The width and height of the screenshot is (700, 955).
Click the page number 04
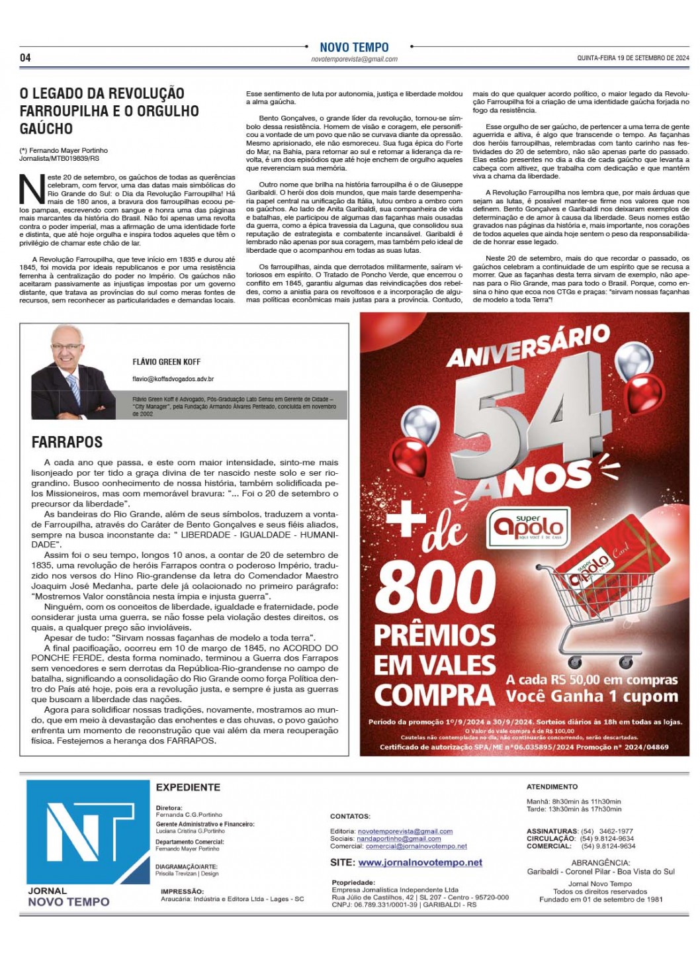click(25, 58)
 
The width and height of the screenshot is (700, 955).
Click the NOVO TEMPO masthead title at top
click(354, 47)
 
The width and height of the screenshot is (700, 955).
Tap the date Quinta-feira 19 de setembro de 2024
click(633, 58)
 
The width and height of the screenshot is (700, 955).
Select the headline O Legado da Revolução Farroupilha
click(109, 111)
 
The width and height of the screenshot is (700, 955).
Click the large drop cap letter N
click(32, 189)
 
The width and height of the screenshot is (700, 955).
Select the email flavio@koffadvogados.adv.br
click(173, 379)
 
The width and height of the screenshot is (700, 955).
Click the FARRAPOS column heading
click(67, 442)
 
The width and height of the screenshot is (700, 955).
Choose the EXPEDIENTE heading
click(188, 788)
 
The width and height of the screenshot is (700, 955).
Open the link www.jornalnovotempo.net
click(420, 862)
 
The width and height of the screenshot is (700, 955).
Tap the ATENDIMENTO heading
click(552, 787)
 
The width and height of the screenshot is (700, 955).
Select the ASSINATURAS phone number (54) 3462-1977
click(607, 831)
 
